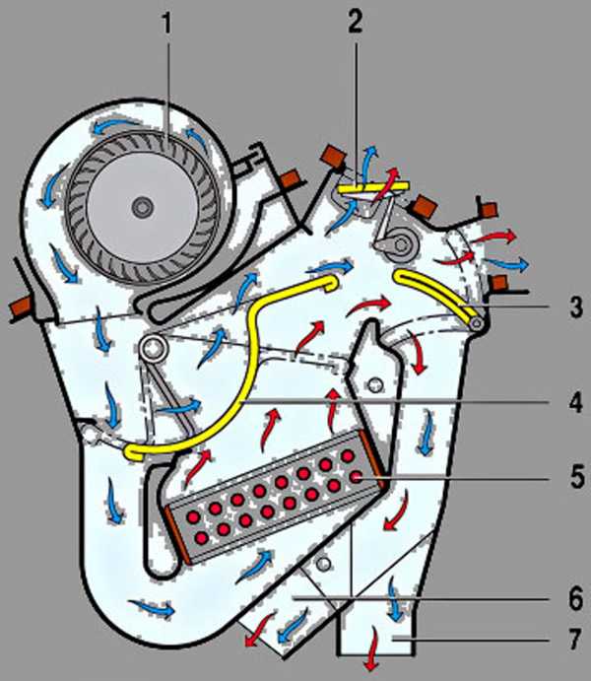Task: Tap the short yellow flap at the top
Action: point(361,184)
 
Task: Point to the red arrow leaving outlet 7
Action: point(372,659)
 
